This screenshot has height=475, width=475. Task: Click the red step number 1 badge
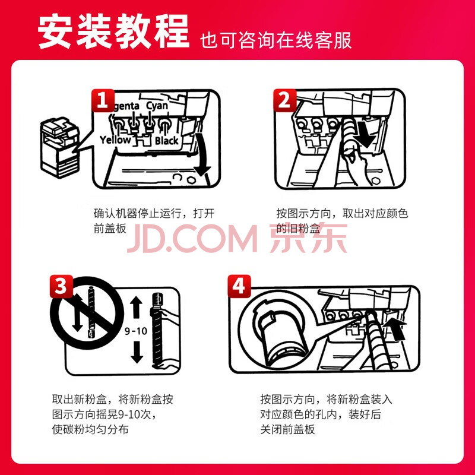pyautogui.click(x=103, y=100)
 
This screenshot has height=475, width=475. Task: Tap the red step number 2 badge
pyautogui.click(x=285, y=100)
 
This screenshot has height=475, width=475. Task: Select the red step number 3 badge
pyautogui.click(x=62, y=286)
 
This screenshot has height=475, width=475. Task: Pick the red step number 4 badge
pyautogui.click(x=239, y=286)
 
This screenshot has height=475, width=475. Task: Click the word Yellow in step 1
pyautogui.click(x=115, y=140)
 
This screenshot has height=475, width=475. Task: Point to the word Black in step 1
pyautogui.click(x=167, y=141)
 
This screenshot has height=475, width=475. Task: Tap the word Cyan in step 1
pyautogui.click(x=157, y=106)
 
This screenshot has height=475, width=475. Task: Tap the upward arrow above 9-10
pyautogui.click(x=137, y=307)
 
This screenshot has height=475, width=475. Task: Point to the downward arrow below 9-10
pyautogui.click(x=137, y=352)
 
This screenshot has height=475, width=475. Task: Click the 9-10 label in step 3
pyautogui.click(x=136, y=331)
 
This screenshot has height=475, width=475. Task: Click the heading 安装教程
pyautogui.click(x=113, y=32)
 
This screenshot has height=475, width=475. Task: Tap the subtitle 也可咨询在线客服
pyautogui.click(x=275, y=40)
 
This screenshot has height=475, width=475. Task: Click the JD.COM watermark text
pyautogui.click(x=192, y=238)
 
